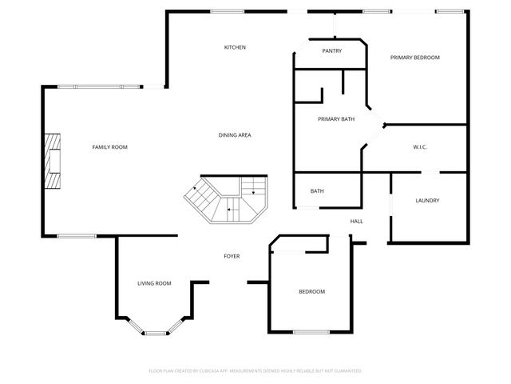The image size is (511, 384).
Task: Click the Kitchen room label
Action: [235, 48]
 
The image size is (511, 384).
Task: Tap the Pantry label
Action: [332, 50]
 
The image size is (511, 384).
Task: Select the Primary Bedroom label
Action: [414, 58]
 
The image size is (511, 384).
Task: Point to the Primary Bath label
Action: [336, 119]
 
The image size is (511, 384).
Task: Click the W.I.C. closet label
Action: [422, 147]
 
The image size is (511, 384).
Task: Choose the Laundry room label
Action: [428, 200]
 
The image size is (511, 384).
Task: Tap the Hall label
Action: [356, 222]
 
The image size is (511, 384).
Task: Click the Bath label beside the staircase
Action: [317, 191]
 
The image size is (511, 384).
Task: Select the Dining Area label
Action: [235, 135]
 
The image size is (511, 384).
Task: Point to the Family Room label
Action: [109, 147]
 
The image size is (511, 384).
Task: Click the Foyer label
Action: [232, 256]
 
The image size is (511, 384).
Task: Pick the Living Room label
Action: [154, 283]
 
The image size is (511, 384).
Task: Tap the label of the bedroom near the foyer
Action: [311, 292]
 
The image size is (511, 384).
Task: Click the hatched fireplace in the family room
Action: [52, 160]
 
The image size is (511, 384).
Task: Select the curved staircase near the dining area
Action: [228, 201]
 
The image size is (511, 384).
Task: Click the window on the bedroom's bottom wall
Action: [311, 331]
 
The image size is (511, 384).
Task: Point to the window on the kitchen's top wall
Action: [228, 10]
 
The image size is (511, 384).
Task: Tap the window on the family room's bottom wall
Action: [77, 235]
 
